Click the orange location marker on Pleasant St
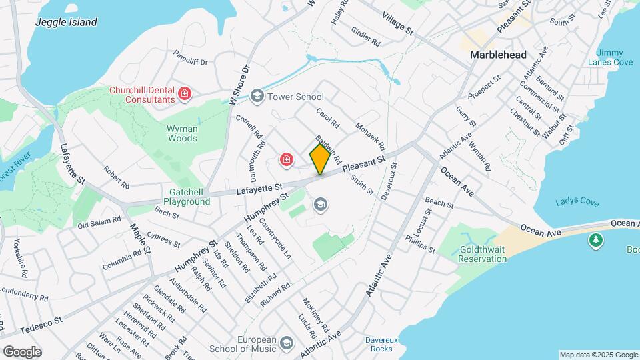click(320, 159)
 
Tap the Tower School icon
click(257, 97)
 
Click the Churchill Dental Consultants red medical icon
click(185, 95)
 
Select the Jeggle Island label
click(67, 22)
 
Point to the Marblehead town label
click(498, 55)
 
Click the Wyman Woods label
click(182, 133)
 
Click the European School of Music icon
click(287, 343)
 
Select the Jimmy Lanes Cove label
click(609, 57)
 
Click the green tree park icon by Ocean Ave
click(595, 240)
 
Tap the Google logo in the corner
click(22, 352)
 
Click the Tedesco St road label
click(41, 325)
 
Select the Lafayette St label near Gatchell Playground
click(260, 191)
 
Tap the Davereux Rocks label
click(381, 344)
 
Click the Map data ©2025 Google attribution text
click(599, 355)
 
